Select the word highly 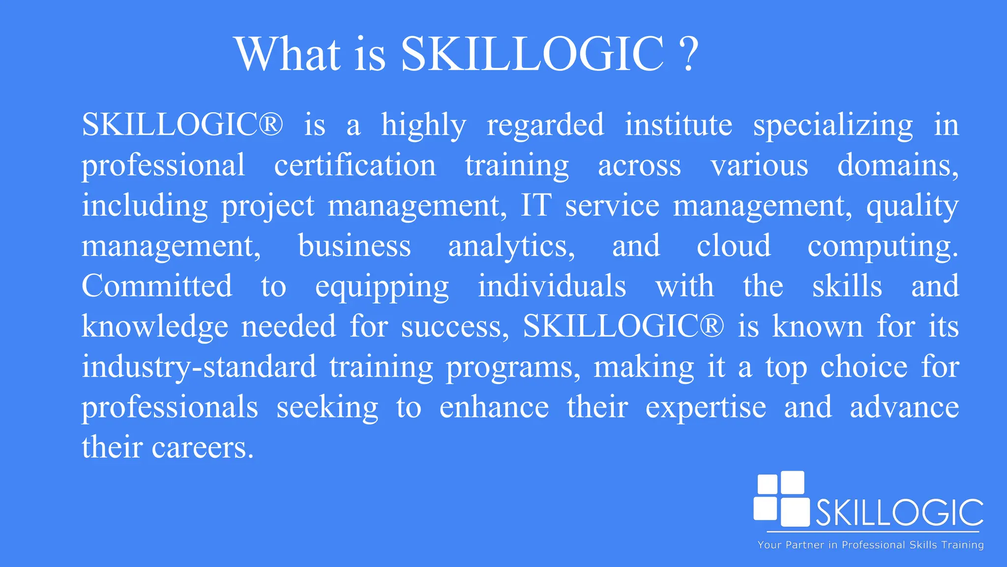click(423, 126)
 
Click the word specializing click(833, 126)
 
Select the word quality click(912, 206)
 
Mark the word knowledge click(155, 327)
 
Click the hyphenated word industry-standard click(199, 367)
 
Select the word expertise click(706, 408)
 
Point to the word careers click(202, 448)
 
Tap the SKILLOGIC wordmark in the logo click(900, 513)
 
